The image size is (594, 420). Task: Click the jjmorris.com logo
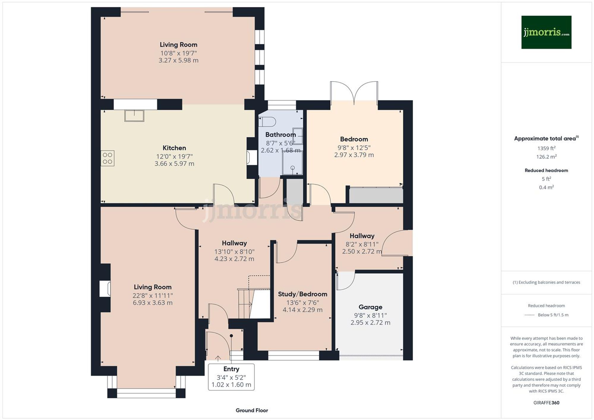pyautogui.click(x=546, y=32)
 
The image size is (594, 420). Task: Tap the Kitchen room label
pyautogui.click(x=174, y=148)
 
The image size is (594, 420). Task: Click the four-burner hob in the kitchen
pyautogui.click(x=108, y=158)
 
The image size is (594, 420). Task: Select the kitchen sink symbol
pyautogui.click(x=134, y=115)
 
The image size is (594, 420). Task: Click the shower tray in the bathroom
pyautogui.click(x=292, y=163)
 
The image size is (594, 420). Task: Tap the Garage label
pyautogui.click(x=370, y=307)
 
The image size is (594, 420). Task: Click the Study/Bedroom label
pyautogui.click(x=302, y=294)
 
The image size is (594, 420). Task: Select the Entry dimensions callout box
pyautogui.click(x=231, y=377)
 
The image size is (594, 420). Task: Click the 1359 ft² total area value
pyautogui.click(x=546, y=148)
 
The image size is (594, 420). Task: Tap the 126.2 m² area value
pyautogui.click(x=546, y=157)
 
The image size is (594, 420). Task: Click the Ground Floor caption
pyautogui.click(x=252, y=410)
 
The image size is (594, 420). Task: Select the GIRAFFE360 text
pyautogui.click(x=546, y=403)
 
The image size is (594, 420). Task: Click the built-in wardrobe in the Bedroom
pyautogui.click(x=376, y=195)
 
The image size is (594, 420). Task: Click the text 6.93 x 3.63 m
pyautogui.click(x=152, y=303)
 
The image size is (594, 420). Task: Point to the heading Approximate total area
pyautogui.click(x=546, y=139)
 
